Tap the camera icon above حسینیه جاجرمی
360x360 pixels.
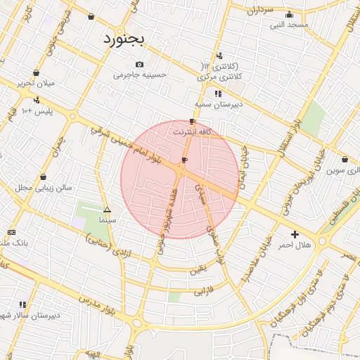click(x=140, y=65)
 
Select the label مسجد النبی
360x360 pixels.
click(x=290, y=25)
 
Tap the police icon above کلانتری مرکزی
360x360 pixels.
click(x=219, y=56)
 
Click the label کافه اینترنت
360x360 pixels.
click(x=192, y=131)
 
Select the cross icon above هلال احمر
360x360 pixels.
click(x=295, y=234)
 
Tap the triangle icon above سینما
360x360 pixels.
click(x=107, y=210)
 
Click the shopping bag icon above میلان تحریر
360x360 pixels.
click(x=36, y=72)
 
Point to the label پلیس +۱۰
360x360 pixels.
click(x=37, y=112)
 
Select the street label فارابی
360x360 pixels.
click(x=202, y=290)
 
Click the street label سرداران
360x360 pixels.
click(x=259, y=11)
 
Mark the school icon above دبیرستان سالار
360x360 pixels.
click(x=23, y=304)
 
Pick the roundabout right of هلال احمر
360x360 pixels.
click(x=322, y=241)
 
